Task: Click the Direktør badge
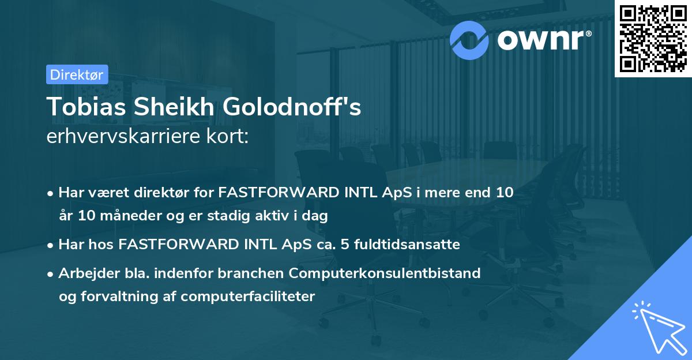tap(77, 74)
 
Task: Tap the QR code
tap(653, 39)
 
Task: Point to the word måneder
tap(126, 216)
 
